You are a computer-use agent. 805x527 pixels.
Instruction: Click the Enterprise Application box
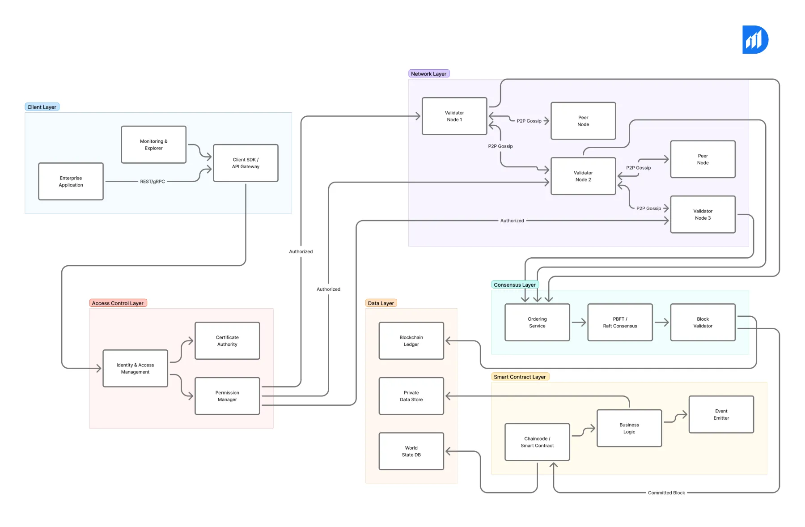tap(71, 181)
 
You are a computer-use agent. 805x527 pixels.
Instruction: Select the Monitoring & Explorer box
tap(153, 144)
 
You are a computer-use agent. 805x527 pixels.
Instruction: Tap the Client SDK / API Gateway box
tap(246, 163)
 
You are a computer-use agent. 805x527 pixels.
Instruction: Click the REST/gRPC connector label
tap(153, 182)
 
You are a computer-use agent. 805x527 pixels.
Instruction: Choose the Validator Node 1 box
tap(454, 116)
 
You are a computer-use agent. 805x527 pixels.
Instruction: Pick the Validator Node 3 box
tap(703, 214)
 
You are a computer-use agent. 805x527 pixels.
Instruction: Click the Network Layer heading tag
tap(428, 74)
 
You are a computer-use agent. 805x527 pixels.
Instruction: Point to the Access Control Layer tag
tap(118, 303)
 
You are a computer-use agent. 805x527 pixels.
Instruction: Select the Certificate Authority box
tap(227, 341)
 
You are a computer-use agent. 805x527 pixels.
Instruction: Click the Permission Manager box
tap(227, 396)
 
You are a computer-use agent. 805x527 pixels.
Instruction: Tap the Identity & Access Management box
tap(135, 368)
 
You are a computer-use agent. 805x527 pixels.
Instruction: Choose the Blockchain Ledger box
tap(411, 341)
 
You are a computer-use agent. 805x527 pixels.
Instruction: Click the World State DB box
tap(411, 451)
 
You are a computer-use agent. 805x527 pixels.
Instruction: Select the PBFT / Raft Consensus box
tap(620, 323)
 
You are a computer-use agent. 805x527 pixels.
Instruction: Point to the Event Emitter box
tap(721, 414)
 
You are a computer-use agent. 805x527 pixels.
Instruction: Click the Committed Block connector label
tap(666, 493)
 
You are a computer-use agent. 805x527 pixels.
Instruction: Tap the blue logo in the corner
tap(755, 40)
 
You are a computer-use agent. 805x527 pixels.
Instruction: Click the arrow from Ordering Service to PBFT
tap(579, 323)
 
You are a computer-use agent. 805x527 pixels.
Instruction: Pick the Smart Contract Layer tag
tap(520, 377)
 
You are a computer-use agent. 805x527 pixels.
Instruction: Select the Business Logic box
tap(629, 428)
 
